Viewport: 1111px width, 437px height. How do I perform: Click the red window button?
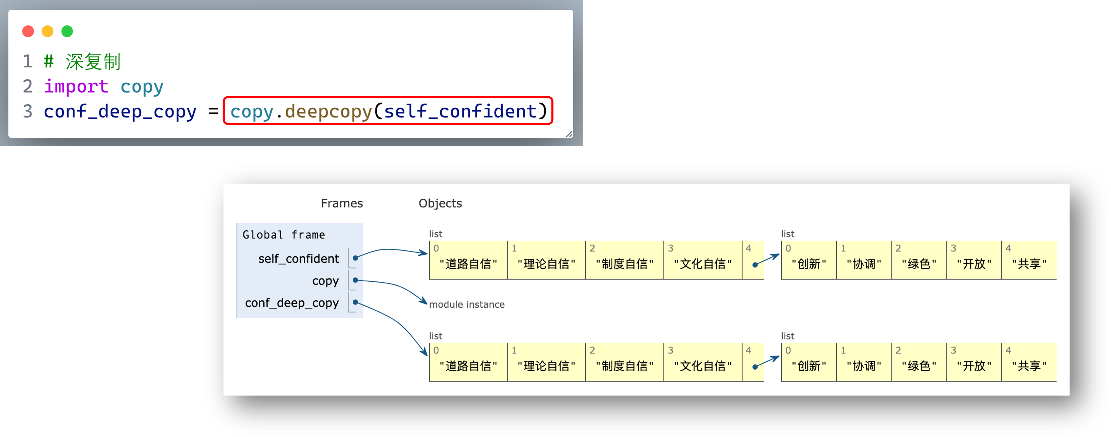[x=28, y=32]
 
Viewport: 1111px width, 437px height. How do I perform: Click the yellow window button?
[x=48, y=32]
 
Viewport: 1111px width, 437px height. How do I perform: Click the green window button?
[x=67, y=32]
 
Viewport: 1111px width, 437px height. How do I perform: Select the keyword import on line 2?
[x=76, y=86]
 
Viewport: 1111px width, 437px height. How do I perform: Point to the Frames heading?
[x=342, y=203]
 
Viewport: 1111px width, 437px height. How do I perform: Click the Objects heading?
[x=440, y=203]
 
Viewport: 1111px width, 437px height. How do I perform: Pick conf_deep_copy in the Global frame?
[x=292, y=303]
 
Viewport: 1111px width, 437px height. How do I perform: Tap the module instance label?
[x=467, y=304]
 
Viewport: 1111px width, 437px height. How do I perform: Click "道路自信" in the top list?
[x=468, y=264]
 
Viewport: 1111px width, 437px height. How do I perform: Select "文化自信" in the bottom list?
[x=703, y=366]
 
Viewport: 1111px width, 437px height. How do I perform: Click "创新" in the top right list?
[x=809, y=264]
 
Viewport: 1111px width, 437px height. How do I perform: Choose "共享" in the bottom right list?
[x=1029, y=366]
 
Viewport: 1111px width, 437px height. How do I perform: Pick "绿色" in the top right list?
[x=919, y=264]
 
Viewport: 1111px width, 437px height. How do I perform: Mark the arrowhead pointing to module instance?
[x=424, y=302]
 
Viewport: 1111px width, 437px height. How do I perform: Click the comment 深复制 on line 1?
[x=93, y=62]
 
